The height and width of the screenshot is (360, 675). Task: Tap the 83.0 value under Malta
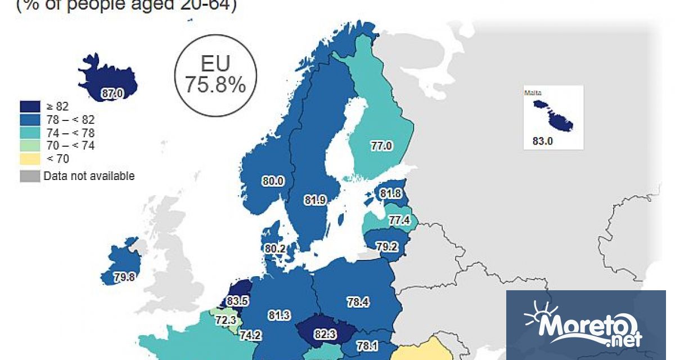point(543,141)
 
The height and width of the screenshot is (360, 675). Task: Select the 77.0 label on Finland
point(381,146)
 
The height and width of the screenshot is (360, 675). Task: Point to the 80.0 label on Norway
point(273,181)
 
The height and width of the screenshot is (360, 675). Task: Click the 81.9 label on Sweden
point(314,200)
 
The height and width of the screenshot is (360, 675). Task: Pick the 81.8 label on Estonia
point(390,193)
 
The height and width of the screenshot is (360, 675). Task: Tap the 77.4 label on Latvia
point(399,220)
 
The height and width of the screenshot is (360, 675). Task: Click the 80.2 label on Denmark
point(276,248)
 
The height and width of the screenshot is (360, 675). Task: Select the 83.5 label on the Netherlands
point(237,301)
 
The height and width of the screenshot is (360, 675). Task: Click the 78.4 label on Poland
point(358,303)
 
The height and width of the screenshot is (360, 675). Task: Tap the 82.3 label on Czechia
point(325,335)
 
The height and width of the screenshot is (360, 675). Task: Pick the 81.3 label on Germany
point(280,316)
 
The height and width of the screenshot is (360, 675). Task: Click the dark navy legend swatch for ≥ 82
point(30,106)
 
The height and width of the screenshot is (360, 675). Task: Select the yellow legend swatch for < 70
point(30,159)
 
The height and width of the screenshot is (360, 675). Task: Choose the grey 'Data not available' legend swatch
point(30,176)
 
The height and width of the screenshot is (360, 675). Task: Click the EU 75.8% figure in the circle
point(215,75)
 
